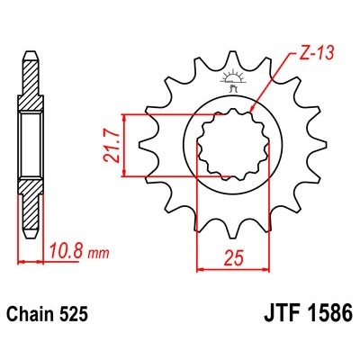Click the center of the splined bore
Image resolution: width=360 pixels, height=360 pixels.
(x=231, y=144)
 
